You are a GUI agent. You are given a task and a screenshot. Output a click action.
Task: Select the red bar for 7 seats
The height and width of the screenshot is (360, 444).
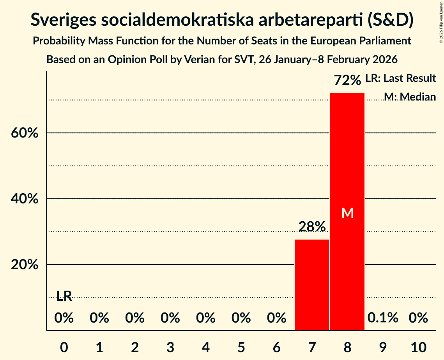(x=311, y=285)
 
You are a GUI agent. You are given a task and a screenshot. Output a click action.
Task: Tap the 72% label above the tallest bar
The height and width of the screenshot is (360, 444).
(x=347, y=81)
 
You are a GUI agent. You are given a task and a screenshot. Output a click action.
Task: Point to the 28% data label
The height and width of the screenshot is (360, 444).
(x=312, y=226)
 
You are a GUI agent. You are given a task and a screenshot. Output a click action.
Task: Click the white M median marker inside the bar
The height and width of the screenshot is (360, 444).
(x=347, y=213)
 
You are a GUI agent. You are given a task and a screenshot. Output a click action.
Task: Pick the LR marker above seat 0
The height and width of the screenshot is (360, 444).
(x=64, y=296)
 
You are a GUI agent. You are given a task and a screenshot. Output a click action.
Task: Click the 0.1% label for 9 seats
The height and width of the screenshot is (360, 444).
(x=383, y=318)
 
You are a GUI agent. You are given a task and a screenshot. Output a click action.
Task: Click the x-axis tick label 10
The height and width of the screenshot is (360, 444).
(x=418, y=347)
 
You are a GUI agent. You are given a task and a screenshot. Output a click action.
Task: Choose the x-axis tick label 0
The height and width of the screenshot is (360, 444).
(x=64, y=347)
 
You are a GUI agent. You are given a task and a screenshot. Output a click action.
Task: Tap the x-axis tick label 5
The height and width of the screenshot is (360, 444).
(x=241, y=347)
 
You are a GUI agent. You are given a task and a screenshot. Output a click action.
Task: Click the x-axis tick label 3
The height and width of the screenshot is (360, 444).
(x=170, y=347)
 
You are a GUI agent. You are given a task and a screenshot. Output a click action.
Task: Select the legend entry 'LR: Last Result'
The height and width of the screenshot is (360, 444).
(x=400, y=78)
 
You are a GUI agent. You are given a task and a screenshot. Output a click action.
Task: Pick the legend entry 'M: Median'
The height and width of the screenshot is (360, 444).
(x=410, y=97)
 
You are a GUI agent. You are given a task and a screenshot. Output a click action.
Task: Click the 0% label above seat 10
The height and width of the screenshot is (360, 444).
(x=418, y=318)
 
